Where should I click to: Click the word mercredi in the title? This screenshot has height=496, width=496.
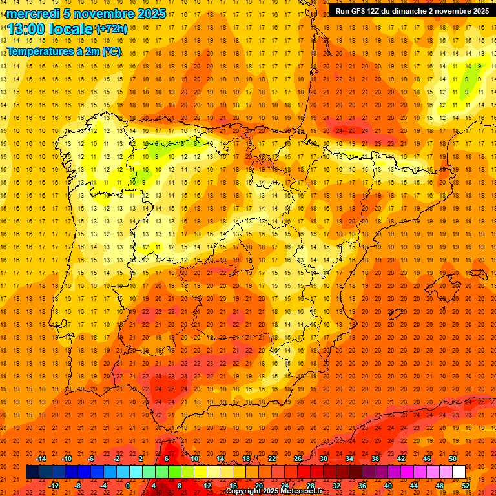pos(32,14)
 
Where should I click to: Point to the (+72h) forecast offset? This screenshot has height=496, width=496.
pos(112,29)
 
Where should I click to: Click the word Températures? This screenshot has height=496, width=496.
pos(41,50)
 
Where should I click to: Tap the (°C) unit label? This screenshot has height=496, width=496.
pos(110,50)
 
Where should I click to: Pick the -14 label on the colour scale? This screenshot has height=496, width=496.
pos(41,458)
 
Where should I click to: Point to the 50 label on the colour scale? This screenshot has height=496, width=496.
pos(453,458)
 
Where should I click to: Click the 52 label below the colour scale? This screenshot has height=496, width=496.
pos(466,486)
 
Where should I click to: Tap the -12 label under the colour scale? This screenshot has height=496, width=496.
pos(54,486)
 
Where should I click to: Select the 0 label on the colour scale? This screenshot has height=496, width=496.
pos(128,486)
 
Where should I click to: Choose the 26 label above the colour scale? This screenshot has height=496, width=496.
pos(298,458)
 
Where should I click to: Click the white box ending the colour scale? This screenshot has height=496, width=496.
pos(459,472)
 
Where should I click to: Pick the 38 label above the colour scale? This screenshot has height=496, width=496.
pos(375,458)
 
